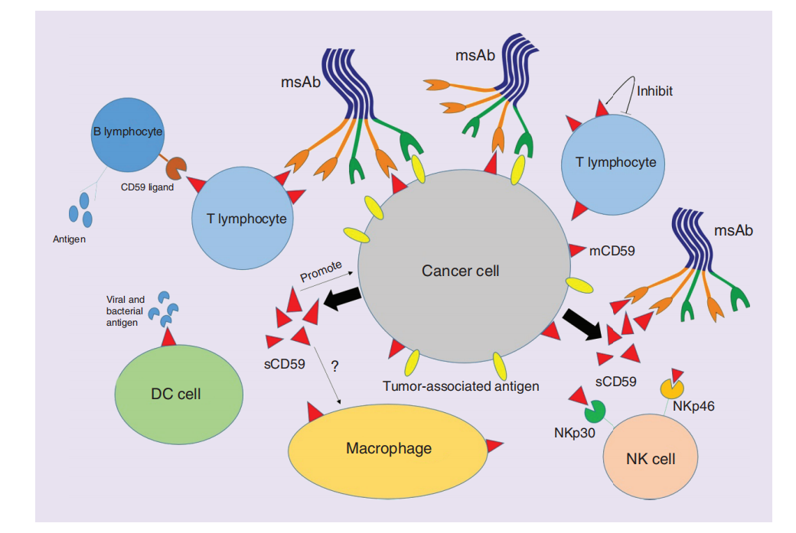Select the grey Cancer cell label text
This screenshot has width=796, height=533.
(460, 271)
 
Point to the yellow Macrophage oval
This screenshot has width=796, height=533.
(388, 448)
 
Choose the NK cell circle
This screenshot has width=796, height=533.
(650, 457)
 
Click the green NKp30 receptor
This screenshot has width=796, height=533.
(593, 414)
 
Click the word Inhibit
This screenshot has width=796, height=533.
(654, 91)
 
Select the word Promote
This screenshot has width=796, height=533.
(321, 273)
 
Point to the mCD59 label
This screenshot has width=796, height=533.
(612, 249)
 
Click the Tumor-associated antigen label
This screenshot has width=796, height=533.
(461, 386)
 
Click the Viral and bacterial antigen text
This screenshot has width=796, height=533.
(126, 310)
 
